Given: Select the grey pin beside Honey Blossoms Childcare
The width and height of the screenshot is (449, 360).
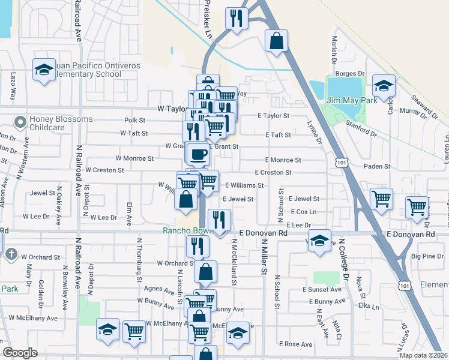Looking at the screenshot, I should point(20,123).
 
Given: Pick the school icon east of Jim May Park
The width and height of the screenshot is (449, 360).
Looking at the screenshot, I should point(384,86).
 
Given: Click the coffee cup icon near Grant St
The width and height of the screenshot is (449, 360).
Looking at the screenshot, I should point(198,154).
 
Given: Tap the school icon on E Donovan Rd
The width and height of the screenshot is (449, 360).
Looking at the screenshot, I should point(319,240).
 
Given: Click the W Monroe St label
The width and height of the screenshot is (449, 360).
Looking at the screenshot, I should point(134,158).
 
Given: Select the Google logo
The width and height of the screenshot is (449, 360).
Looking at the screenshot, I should point(20,353).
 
